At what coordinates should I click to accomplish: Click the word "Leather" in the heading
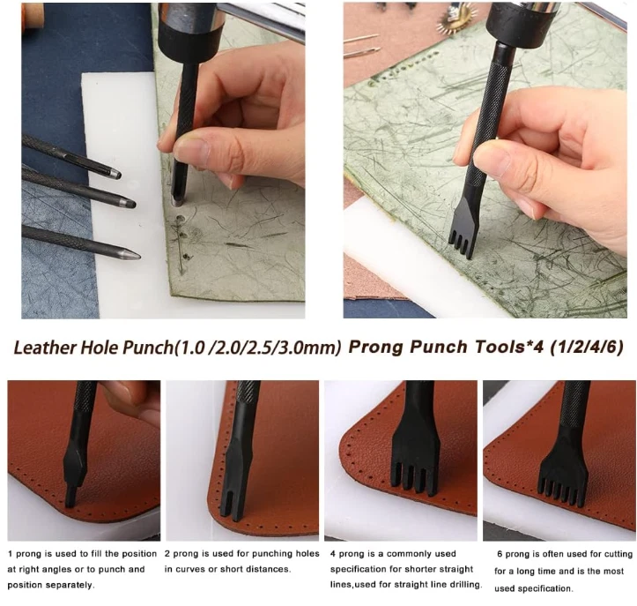[45, 348]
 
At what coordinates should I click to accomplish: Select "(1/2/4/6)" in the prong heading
[586, 347]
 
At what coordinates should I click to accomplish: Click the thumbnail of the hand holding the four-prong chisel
[485, 161]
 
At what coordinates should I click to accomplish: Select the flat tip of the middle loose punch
[130, 203]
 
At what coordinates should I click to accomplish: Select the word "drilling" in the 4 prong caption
[463, 585]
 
